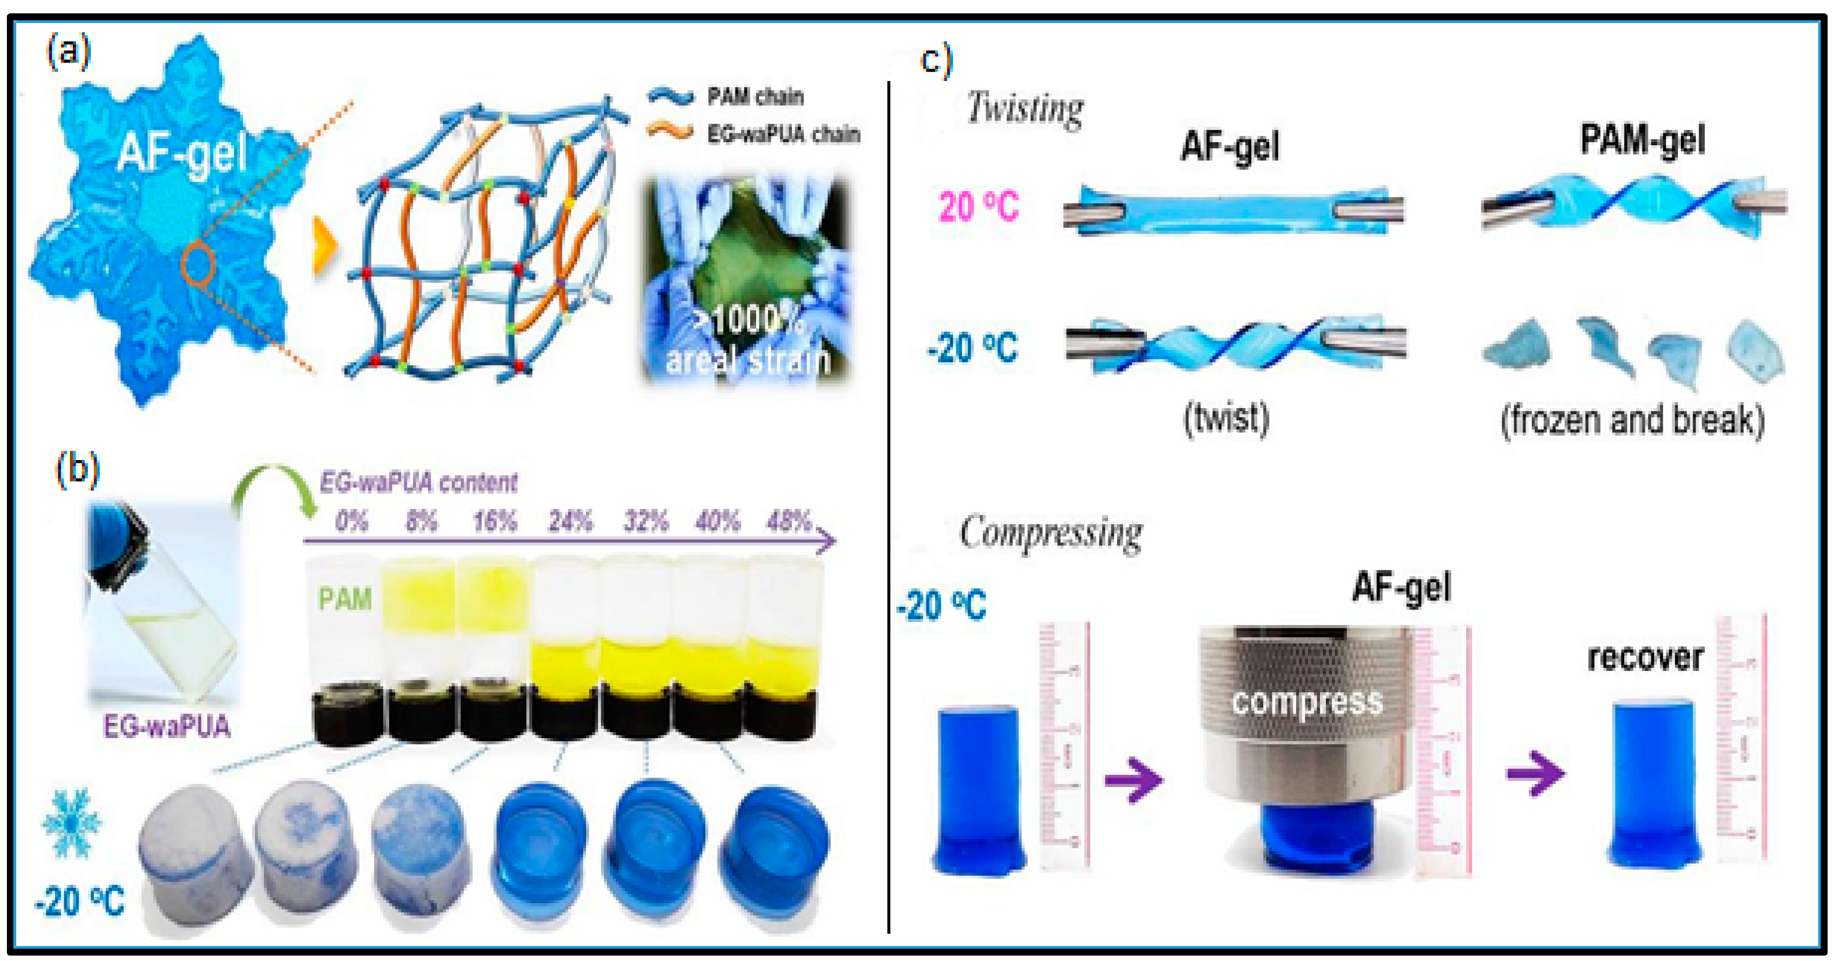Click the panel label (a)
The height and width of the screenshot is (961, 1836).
69,53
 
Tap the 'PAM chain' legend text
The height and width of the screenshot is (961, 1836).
756,96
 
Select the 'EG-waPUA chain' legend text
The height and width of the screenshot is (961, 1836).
783,134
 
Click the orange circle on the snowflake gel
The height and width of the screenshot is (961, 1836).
198,264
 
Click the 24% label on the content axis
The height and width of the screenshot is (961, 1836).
569,521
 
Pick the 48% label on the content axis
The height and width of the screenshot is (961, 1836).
788,521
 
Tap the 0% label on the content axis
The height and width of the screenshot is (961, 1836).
352,521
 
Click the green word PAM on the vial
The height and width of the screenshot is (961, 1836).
345,599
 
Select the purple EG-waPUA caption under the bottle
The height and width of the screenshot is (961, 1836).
167,726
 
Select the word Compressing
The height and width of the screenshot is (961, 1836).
1050,533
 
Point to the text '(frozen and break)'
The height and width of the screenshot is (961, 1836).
1632,420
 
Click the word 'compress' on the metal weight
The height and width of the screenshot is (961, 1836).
1307,702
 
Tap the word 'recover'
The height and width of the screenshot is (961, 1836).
1645,657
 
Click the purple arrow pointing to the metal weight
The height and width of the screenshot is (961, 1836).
1133,779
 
